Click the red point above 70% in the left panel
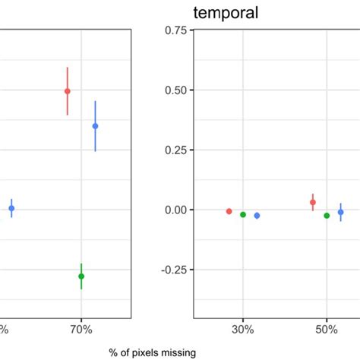tap(68, 91)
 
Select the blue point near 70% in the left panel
tap(95, 126)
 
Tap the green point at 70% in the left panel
tap(81, 276)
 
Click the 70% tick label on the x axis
tap(81, 330)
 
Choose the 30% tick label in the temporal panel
tap(243, 330)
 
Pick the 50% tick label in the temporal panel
tap(327, 330)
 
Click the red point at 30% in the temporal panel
tap(229, 211)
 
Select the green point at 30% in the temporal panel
tap(243, 214)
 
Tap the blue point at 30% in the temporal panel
tap(257, 216)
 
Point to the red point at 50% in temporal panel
tap(313, 202)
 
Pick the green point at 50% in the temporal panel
tap(327, 216)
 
